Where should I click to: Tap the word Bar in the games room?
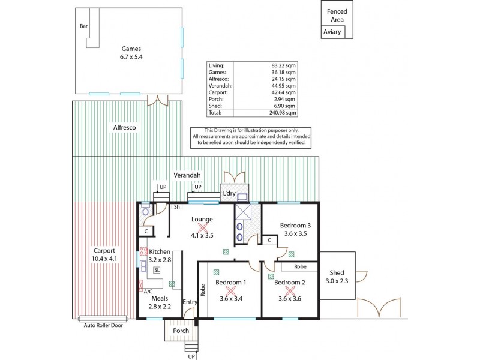pyautogui.click(x=83, y=26)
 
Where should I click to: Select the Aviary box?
pyautogui.click(x=332, y=32)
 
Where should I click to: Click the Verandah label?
pyautogui.click(x=187, y=175)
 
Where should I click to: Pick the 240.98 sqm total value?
pyautogui.click(x=283, y=113)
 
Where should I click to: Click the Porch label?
pyautogui.click(x=181, y=331)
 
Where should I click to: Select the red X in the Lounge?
pyautogui.click(x=202, y=227)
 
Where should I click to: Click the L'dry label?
pyautogui.click(x=229, y=194)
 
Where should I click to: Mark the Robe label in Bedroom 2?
pyautogui.click(x=301, y=267)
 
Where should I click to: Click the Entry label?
pyautogui.click(x=189, y=302)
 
